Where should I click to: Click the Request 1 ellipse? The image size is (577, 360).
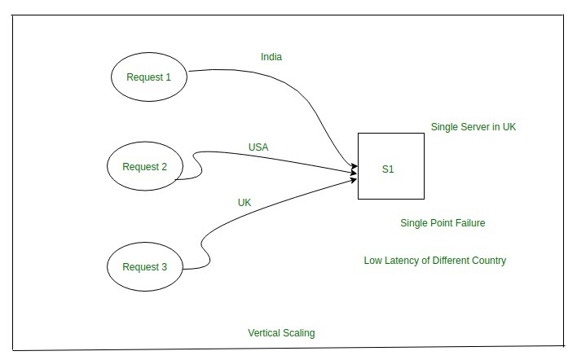point(150,77)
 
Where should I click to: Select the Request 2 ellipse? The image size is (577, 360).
point(145,167)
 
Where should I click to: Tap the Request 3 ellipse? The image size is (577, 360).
point(145,267)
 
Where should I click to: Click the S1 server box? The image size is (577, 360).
point(391,166)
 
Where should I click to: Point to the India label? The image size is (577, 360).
point(271,58)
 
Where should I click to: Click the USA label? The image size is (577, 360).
point(258,147)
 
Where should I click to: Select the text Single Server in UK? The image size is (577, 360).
point(473,127)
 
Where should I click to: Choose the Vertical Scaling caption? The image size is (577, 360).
point(281,333)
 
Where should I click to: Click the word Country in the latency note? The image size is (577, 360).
point(489,261)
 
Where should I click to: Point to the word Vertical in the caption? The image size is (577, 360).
point(265,333)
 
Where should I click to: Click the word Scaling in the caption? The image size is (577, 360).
point(299,333)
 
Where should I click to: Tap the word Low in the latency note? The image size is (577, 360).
point(372,261)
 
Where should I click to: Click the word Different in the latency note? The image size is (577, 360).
point(448,261)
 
